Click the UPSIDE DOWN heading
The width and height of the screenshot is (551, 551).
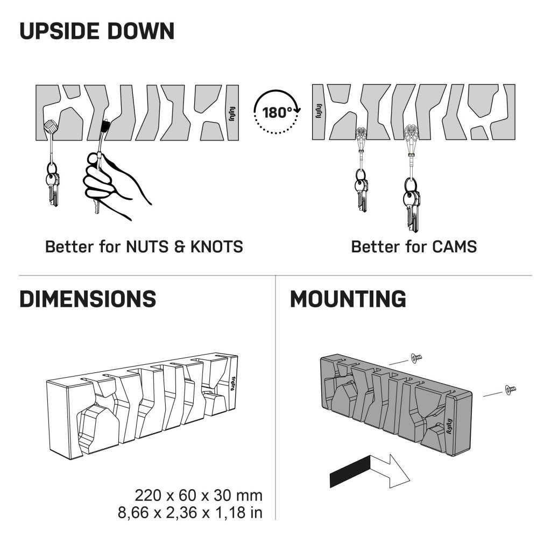(x=97, y=32)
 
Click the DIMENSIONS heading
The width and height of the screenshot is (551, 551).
(x=88, y=299)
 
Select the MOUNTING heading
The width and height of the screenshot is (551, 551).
(x=348, y=299)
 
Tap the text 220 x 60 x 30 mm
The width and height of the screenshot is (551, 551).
(x=199, y=495)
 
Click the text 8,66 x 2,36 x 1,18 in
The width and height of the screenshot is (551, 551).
(x=190, y=512)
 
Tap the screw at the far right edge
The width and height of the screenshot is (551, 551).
(x=510, y=388)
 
